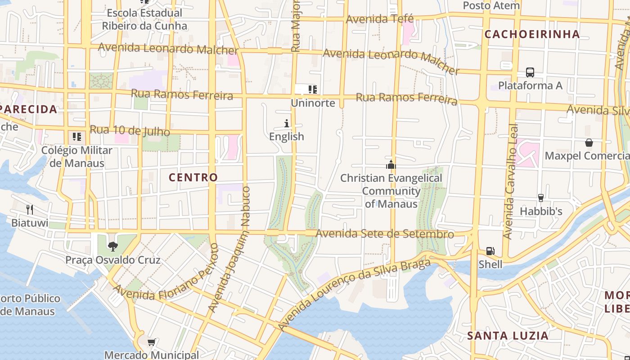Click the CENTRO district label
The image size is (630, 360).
coord(193,177)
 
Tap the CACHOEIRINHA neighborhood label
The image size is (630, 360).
coord(532,34)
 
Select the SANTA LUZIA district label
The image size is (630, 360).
coord(508,336)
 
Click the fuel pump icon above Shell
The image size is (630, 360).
coord(490,251)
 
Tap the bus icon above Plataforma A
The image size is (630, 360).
coord(530,72)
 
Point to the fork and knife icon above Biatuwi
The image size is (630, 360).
coord(30,209)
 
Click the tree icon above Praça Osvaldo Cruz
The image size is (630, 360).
coord(112,246)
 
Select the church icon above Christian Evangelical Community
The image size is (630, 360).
coord(391,165)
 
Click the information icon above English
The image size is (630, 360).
coord(287,123)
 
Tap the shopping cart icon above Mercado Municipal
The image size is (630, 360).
coord(152,342)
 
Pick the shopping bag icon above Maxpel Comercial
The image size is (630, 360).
coord(589,143)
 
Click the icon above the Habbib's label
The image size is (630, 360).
coord(541,198)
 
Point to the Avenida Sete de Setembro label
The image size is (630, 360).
coord(385,234)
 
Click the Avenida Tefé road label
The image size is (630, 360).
coord(379,19)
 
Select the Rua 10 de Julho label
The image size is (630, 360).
coord(130,131)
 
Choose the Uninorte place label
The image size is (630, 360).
coord(313,103)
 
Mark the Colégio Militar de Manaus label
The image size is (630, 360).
coord(77,157)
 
